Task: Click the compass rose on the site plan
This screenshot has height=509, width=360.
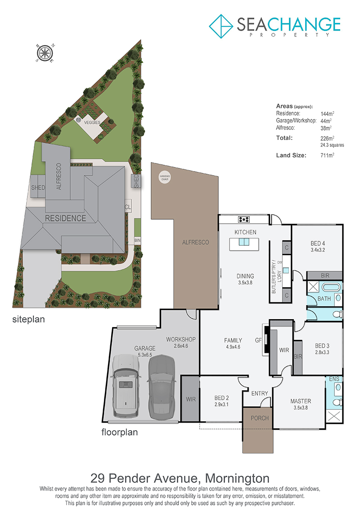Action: click(x=45, y=53)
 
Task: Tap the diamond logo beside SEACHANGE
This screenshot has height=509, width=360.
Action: click(x=221, y=26)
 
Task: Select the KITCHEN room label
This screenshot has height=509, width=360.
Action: click(x=245, y=232)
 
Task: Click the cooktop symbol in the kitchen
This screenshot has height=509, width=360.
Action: click(x=244, y=220)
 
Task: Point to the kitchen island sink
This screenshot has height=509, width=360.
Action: click(x=244, y=242)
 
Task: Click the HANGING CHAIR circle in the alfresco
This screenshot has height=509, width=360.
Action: click(x=165, y=178)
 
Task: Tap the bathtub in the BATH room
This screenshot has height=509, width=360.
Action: click(x=330, y=287)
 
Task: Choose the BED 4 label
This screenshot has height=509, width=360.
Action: click(x=318, y=243)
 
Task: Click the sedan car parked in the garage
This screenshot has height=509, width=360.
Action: click(x=162, y=387)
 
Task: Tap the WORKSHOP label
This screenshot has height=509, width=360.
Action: click(x=181, y=339)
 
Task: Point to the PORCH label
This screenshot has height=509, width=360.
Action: click(x=260, y=418)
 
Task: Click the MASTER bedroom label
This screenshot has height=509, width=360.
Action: click(x=301, y=401)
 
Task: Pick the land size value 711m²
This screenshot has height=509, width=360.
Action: click(x=327, y=155)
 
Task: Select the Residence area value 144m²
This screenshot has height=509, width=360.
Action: click(x=327, y=113)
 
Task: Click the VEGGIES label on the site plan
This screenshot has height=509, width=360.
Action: click(x=92, y=122)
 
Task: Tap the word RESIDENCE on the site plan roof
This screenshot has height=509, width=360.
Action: click(x=66, y=218)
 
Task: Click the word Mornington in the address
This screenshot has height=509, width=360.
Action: click(x=237, y=478)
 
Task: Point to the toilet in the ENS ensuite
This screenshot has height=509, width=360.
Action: click(x=338, y=402)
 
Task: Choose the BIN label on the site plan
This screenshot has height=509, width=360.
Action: click(x=138, y=240)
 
